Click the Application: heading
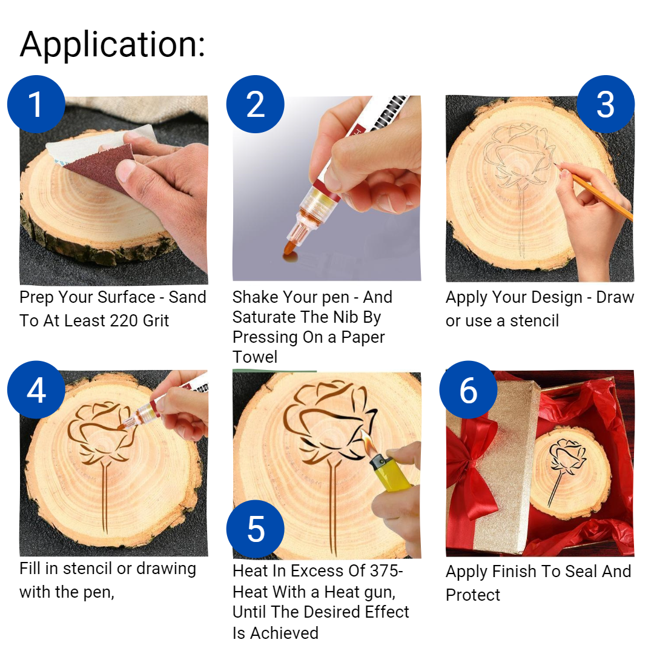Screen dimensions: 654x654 (x=113, y=45)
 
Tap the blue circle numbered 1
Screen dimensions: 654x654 (x=36, y=104)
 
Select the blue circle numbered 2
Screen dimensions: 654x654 (x=255, y=104)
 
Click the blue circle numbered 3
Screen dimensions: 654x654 (x=605, y=104)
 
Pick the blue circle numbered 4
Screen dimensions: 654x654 (x=36, y=391)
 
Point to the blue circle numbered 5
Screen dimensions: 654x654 (x=255, y=529)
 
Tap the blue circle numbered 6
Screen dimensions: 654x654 (x=468, y=391)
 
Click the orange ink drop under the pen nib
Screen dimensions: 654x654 (x=291, y=259)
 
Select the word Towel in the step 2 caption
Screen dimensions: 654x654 (x=255, y=357)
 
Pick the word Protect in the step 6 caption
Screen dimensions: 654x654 (x=473, y=595)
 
